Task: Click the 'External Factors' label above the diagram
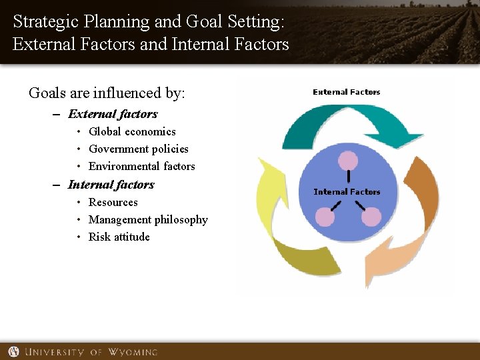346,92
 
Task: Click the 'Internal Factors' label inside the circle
347,192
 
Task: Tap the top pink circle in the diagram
348,160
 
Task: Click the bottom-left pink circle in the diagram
325,217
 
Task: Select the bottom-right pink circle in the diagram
371,217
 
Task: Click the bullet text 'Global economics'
132,132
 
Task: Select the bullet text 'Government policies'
138,149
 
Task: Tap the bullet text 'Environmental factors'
141,167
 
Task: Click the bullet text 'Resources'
113,203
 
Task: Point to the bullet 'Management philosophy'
148,220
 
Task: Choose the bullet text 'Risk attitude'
119,237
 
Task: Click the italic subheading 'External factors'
113,114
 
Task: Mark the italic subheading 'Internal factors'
111,185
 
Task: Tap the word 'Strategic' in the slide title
44,21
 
